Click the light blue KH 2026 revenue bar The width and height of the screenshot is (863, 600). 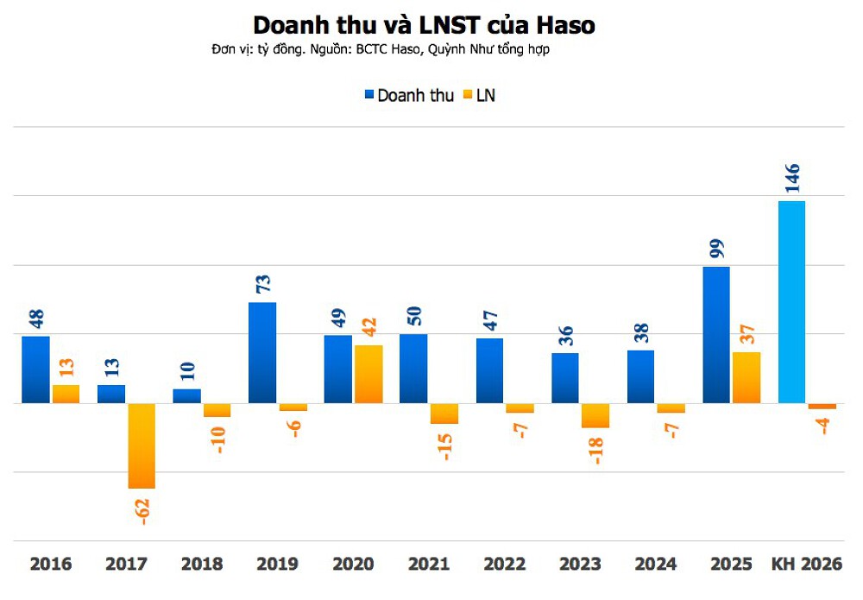(x=791, y=301)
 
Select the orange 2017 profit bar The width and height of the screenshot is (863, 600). (x=142, y=445)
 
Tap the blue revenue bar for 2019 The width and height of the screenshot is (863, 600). (x=262, y=352)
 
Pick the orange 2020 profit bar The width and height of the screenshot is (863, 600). (x=369, y=374)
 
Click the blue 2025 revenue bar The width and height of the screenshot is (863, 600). (x=716, y=334)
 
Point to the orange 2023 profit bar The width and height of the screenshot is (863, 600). (x=595, y=415)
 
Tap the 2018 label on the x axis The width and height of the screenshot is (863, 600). (x=202, y=565)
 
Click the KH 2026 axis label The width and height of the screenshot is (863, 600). (x=806, y=565)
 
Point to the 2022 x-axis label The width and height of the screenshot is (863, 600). (x=505, y=565)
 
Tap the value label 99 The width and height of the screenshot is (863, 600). (x=716, y=249)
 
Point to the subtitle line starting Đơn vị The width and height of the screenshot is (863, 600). (x=380, y=50)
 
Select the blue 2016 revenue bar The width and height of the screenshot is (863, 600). (x=35, y=369)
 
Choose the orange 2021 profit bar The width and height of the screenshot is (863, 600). (x=444, y=414)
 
